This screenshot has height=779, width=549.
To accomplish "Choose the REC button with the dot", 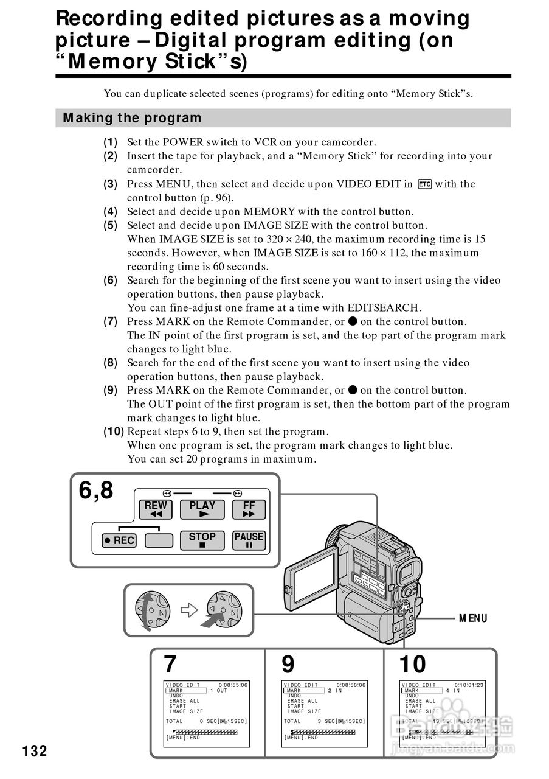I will click(x=119, y=540).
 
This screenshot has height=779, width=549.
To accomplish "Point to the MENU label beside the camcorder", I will click(x=473, y=618).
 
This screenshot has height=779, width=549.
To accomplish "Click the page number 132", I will click(x=35, y=751).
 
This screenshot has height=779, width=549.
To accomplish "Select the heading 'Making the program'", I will click(x=132, y=118).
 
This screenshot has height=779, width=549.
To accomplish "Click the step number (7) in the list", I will click(x=110, y=321).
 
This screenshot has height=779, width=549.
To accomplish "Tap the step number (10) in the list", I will click(x=113, y=431).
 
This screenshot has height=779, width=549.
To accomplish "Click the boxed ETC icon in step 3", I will click(x=424, y=184).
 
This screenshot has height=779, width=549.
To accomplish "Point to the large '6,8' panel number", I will click(x=96, y=491).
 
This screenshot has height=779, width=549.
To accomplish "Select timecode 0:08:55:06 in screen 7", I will click(x=233, y=685).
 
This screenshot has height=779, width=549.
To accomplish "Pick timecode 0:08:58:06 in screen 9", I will click(x=351, y=685).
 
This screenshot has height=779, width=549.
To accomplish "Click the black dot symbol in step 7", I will click(x=353, y=321).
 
